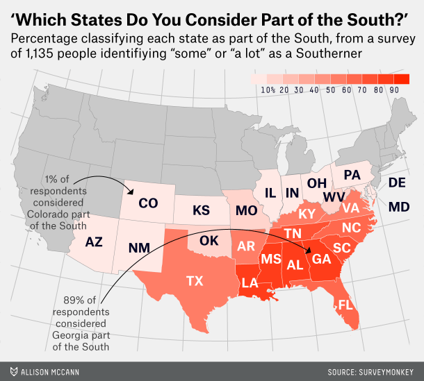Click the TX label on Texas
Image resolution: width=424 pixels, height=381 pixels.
(x=194, y=281)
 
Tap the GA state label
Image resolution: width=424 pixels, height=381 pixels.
(x=322, y=259)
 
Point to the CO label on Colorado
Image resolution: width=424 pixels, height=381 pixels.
(x=148, y=203)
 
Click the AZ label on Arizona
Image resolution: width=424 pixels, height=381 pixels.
(x=95, y=242)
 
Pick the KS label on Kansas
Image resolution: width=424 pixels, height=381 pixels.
(x=201, y=210)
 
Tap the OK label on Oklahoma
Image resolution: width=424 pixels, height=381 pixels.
(x=209, y=241)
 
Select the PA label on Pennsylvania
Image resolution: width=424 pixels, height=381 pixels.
(x=352, y=175)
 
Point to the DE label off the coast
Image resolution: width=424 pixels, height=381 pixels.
(x=397, y=183)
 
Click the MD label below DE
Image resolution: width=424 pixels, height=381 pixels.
(x=398, y=207)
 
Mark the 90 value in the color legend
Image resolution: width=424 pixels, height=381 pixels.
(x=394, y=90)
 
